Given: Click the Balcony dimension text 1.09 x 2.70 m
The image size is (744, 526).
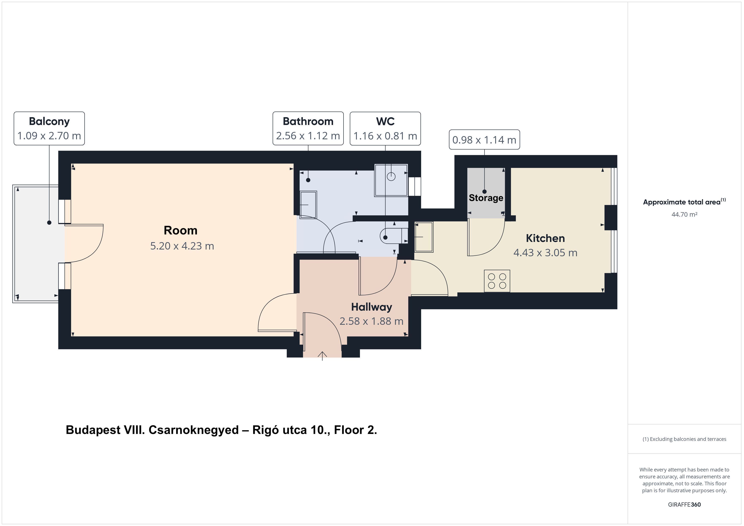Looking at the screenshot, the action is tap(49, 136).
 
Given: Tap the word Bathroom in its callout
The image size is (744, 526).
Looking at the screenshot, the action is tap(308, 121).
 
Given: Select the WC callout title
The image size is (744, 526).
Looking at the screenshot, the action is tap(385, 121).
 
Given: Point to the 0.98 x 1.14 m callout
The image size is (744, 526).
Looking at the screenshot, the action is tap(484, 140).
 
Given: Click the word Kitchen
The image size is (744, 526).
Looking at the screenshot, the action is tap(545, 238).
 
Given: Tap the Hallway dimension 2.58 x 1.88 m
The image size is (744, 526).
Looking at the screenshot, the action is tap(371, 321).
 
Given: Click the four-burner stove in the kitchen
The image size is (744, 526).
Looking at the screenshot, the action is tap(497, 281).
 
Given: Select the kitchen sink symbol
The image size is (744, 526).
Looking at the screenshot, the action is tap(424, 237).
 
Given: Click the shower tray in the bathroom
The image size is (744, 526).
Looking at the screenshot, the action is tap(391, 180).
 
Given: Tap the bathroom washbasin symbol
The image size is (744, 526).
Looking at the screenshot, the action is tap(309, 205).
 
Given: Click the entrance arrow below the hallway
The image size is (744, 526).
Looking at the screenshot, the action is tap(322, 356).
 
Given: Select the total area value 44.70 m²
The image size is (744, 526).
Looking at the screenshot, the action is tap(684, 214).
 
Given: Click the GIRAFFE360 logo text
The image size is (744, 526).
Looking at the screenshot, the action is tap(684, 504).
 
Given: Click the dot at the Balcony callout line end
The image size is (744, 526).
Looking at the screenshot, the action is tap(49, 223).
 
